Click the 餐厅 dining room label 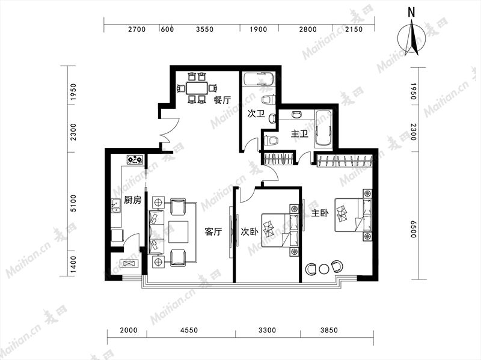(222, 100)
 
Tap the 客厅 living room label (213, 231)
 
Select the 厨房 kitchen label (132, 200)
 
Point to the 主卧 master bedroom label (320, 213)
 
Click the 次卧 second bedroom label (249, 232)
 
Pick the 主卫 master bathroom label (299, 134)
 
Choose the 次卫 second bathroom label (256, 114)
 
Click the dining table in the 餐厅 (197, 88)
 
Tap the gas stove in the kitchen (135, 159)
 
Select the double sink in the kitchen (116, 206)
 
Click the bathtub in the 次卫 (259, 79)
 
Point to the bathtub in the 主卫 (323, 129)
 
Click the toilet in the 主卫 (271, 141)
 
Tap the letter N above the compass (411, 12)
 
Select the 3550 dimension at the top (204, 29)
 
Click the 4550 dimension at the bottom (189, 331)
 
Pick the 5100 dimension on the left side (73, 203)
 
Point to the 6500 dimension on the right (414, 229)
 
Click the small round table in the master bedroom (323, 269)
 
